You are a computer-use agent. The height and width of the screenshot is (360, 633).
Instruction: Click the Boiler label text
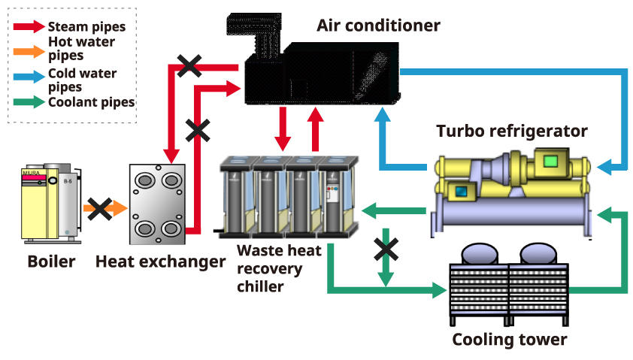(x=51, y=262)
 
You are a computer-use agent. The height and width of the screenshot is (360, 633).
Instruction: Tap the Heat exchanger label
(x=160, y=262)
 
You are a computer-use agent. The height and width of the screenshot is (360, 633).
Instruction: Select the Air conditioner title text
(x=378, y=26)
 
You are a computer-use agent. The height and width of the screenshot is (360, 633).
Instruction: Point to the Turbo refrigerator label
(x=512, y=132)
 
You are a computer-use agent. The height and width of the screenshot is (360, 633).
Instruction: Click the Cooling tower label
(x=510, y=340)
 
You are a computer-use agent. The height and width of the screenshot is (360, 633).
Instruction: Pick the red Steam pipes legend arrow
(x=29, y=26)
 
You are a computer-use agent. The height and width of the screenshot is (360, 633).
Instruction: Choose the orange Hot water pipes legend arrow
(x=29, y=51)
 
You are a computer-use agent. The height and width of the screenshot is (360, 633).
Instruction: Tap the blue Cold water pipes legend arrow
(x=29, y=77)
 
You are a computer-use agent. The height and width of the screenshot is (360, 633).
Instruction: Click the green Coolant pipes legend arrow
(x=29, y=101)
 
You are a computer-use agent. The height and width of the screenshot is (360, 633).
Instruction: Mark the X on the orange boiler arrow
(x=100, y=209)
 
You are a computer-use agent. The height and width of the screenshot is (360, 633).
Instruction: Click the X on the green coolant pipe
(x=386, y=249)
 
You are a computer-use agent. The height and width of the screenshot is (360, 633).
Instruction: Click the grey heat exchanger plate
(x=157, y=204)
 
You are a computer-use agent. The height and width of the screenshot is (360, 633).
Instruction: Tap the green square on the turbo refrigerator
(x=550, y=162)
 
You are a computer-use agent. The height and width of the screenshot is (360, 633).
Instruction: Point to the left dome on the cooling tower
(x=479, y=254)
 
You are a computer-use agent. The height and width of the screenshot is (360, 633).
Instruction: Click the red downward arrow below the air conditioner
(x=283, y=129)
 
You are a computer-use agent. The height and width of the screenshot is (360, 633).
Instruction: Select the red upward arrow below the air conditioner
(x=315, y=129)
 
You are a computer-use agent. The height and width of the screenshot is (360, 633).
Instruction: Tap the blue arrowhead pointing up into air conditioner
(x=383, y=115)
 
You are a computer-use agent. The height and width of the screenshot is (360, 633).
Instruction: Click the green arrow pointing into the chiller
(x=394, y=210)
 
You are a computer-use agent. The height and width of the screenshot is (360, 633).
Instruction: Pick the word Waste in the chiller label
(x=258, y=250)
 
